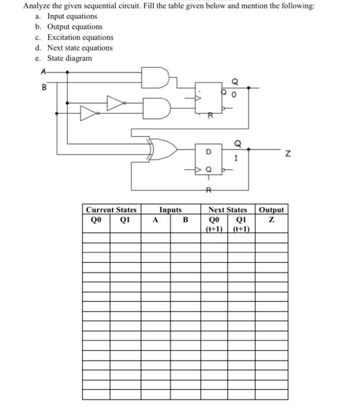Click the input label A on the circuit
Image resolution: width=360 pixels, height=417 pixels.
42,71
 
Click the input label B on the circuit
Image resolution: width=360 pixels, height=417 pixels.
42,86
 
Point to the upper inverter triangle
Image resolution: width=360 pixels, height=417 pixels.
115,102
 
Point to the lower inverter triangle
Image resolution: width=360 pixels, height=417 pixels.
88,111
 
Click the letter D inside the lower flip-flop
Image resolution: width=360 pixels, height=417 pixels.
209,151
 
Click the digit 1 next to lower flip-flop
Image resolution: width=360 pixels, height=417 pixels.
236,158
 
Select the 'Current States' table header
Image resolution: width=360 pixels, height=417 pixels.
111,210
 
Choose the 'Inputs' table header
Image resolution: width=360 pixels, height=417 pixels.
170,210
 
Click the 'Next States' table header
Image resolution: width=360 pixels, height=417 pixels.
227,210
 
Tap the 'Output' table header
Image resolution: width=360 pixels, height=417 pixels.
272,210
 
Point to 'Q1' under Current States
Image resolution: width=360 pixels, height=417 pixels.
125,219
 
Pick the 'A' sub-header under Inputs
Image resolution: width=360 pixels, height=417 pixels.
155,219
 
